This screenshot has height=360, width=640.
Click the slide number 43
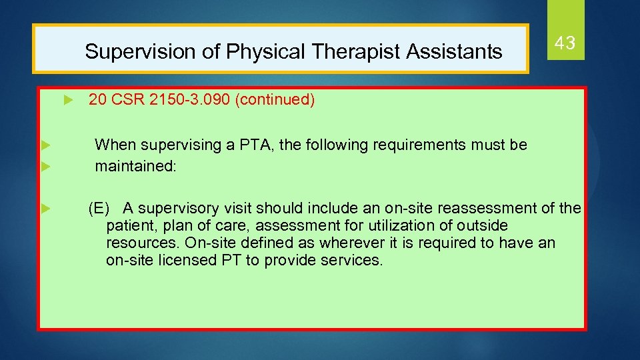point(565,44)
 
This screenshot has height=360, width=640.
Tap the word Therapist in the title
point(345,51)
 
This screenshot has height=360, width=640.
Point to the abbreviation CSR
point(125,100)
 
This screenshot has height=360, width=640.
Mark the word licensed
point(188,260)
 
